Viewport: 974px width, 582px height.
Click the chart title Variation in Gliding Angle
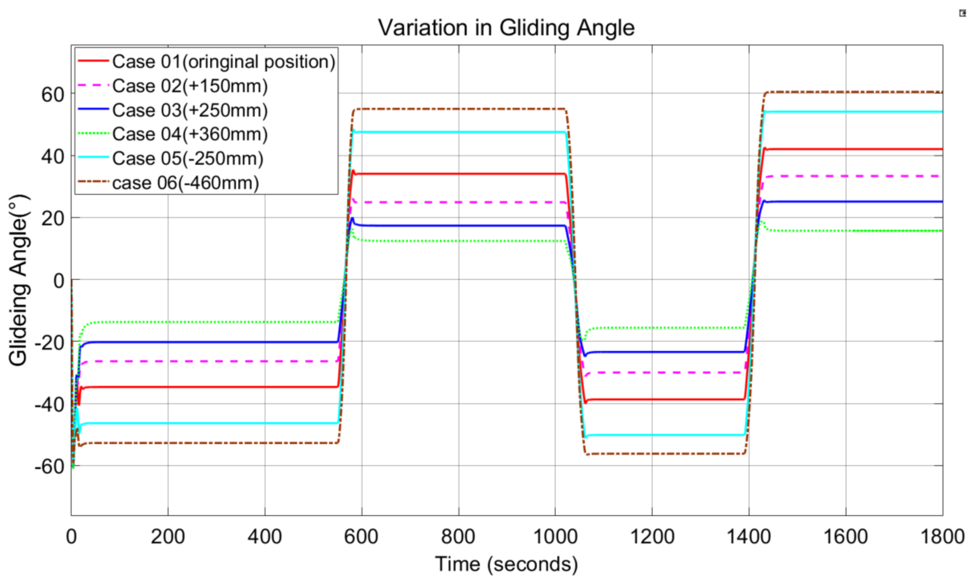506,28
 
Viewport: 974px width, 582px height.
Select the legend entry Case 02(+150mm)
190,86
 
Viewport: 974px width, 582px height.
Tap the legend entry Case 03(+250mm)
190,110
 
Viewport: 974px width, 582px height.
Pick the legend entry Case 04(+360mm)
190,134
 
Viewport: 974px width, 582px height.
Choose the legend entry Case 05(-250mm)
188,158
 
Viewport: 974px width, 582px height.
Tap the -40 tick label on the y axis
49,404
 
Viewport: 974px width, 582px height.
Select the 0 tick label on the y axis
59,281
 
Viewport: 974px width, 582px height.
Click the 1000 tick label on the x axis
555,536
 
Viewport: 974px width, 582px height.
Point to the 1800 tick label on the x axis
942,536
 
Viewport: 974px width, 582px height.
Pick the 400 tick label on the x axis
265,536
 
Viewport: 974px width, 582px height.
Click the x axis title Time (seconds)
506,564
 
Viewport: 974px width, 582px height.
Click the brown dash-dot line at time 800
458,109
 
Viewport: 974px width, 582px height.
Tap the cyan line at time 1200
652,435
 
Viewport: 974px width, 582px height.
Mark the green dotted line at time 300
216,322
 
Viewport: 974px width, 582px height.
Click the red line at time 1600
846,149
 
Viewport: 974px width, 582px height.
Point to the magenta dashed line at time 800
458,202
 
